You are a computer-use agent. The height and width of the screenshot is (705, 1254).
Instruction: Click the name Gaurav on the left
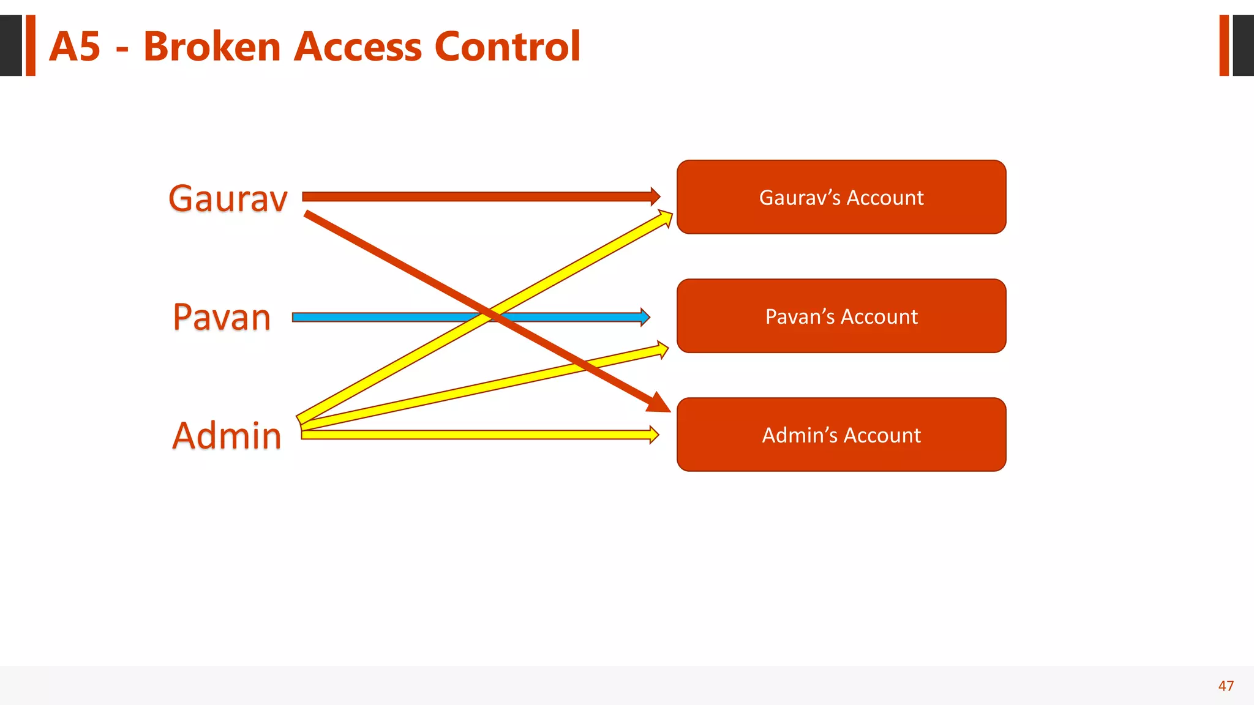(228, 198)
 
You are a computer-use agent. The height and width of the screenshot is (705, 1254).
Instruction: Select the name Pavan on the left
(222, 317)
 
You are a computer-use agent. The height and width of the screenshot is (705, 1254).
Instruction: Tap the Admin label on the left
(227, 436)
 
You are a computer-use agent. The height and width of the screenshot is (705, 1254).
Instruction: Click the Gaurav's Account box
(841, 197)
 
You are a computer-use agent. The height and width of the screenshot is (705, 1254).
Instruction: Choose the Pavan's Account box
(841, 316)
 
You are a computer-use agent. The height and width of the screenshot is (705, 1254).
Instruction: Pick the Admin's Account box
(841, 435)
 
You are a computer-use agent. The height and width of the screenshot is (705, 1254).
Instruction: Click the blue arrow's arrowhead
(645, 317)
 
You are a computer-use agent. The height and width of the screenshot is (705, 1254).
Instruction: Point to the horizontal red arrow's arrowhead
(655, 196)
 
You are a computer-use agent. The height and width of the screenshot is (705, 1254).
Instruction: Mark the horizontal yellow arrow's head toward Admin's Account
(654, 435)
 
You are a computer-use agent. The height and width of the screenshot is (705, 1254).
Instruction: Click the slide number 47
(1226, 686)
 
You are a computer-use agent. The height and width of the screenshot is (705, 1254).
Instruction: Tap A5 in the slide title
(75, 47)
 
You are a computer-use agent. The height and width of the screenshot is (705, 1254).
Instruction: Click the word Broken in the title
(212, 47)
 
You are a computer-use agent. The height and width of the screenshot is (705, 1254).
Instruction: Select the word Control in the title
(507, 47)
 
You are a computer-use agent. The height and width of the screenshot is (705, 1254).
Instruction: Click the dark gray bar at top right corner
(1243, 45)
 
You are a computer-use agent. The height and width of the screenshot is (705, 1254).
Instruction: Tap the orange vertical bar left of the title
(31, 45)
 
